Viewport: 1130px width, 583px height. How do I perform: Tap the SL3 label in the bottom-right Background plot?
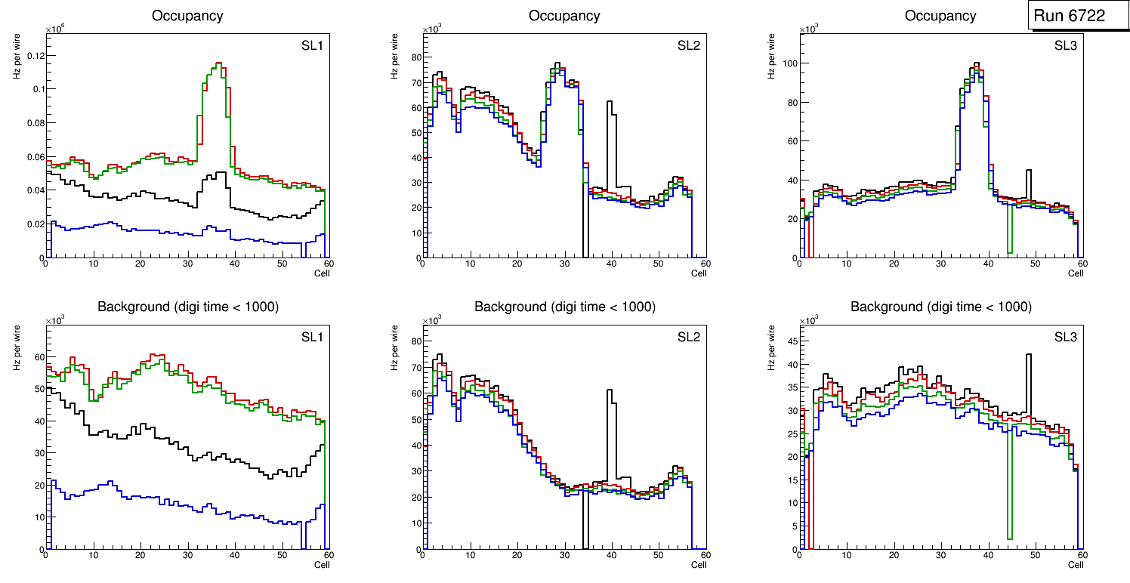coord(1066,337)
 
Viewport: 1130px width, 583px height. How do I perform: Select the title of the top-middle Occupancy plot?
coord(564,15)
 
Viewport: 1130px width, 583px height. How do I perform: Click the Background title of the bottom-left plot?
coord(187,307)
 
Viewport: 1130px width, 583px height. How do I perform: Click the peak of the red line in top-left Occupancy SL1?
coord(218,63)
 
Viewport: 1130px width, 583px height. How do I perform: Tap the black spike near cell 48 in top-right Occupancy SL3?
coord(1028,171)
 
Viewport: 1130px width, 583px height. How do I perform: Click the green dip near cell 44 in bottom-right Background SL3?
coord(1009,538)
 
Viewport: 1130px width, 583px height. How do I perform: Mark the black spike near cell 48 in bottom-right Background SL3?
coord(1028,355)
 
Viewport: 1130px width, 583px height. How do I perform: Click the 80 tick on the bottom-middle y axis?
coord(413,341)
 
